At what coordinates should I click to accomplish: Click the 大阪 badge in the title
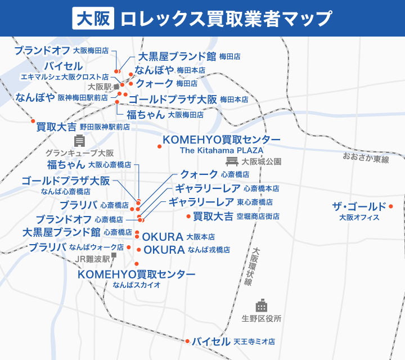click(x=94, y=18)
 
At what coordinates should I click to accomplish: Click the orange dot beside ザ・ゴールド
click(x=391, y=206)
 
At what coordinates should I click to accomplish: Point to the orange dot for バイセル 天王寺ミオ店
click(x=187, y=341)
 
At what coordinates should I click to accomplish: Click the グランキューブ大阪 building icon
click(x=79, y=141)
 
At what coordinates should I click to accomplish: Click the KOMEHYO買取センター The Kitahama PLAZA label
click(x=221, y=144)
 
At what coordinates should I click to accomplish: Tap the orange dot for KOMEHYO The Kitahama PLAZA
click(x=160, y=147)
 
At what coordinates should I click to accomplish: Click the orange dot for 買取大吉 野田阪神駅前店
click(x=33, y=121)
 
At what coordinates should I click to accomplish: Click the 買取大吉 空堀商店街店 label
click(x=236, y=216)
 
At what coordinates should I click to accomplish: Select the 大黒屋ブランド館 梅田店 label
click(x=189, y=57)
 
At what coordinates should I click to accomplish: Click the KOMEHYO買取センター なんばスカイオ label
click(x=137, y=278)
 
